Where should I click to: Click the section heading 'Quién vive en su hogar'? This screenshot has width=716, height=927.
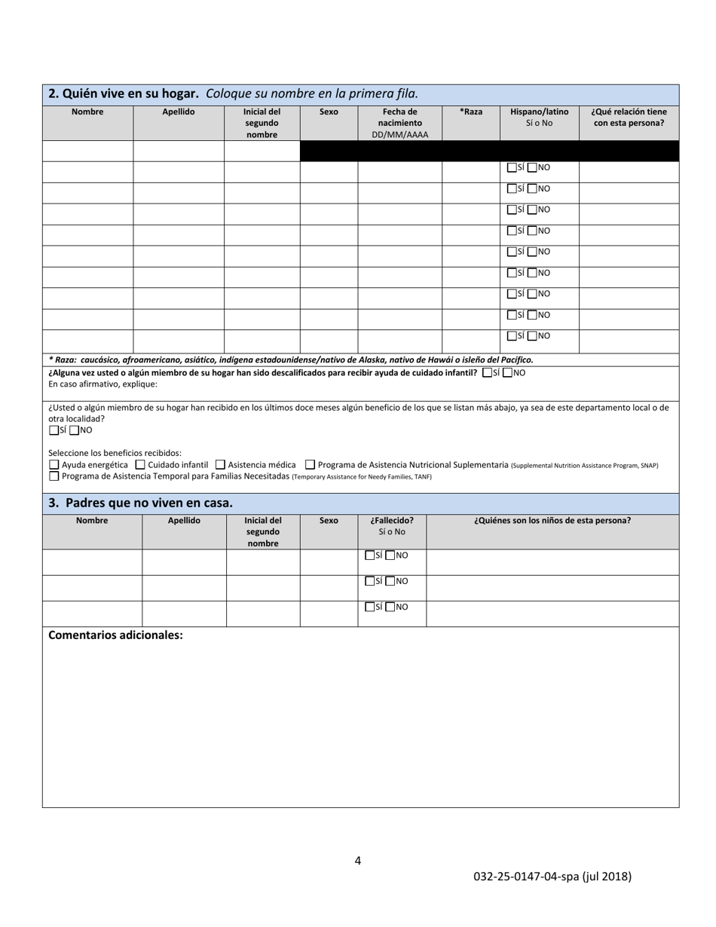pyautogui.click(x=124, y=94)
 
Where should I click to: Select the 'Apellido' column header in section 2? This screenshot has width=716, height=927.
pyautogui.click(x=179, y=112)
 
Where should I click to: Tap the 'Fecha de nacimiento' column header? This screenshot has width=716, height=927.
pyautogui.click(x=399, y=123)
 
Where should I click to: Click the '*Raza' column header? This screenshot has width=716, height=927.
pyautogui.click(x=471, y=112)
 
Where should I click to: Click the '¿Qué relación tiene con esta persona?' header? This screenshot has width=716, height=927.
pyautogui.click(x=629, y=117)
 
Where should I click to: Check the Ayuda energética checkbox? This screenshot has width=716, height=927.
pyautogui.click(x=54, y=465)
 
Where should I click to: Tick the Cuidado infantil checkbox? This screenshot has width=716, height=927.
pyautogui.click(x=140, y=465)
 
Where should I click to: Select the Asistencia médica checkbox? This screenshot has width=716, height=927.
pyautogui.click(x=220, y=465)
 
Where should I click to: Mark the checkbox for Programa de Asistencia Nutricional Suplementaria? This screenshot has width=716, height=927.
pyautogui.click(x=310, y=465)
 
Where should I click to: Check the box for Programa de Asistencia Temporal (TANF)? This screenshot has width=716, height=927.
pyautogui.click(x=54, y=476)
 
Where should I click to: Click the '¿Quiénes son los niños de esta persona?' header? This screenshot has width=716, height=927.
pyautogui.click(x=552, y=520)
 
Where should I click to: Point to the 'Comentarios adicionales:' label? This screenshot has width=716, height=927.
pyautogui.click(x=115, y=635)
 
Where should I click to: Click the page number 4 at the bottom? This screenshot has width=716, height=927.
pyautogui.click(x=358, y=861)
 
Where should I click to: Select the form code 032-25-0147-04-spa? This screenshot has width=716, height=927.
pyautogui.click(x=552, y=877)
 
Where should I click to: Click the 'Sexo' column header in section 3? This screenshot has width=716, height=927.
pyautogui.click(x=329, y=520)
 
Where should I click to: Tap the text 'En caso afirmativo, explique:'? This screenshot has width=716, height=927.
pyautogui.click(x=103, y=384)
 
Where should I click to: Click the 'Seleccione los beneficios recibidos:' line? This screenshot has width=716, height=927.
pyautogui.click(x=115, y=453)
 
